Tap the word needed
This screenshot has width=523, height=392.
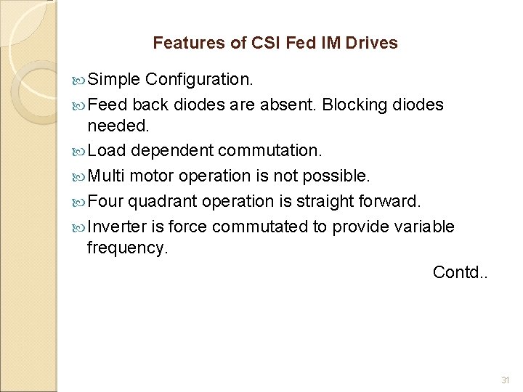point(118,126)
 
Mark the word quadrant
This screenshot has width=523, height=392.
point(165,201)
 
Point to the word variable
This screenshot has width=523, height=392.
point(424,226)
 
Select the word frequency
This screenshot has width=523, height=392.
point(126,248)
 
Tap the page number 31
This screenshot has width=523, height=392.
point(506,381)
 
